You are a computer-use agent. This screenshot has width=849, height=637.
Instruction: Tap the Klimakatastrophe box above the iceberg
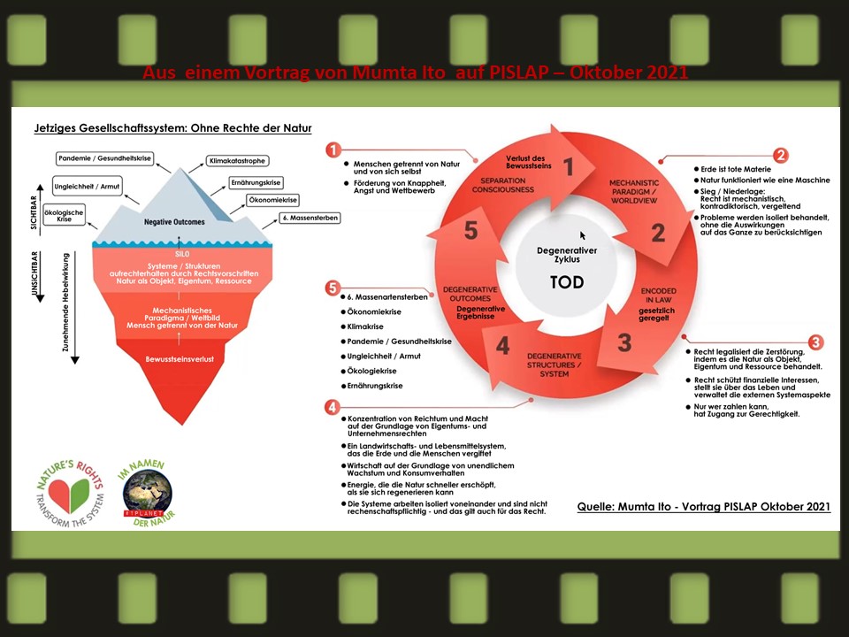coord(236,161)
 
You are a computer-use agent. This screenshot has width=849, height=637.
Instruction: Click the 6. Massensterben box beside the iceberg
coord(310,218)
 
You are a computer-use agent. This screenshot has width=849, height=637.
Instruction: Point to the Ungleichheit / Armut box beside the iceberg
coord(87,187)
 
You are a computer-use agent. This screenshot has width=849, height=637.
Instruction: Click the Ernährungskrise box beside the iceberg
coord(256,181)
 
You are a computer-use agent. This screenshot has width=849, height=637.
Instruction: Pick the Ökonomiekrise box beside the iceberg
coord(272,200)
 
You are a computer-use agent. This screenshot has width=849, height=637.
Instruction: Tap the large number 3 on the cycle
coord(624,342)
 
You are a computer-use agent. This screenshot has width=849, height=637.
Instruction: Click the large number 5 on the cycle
coord(471,232)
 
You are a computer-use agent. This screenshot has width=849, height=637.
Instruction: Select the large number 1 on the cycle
coord(570,167)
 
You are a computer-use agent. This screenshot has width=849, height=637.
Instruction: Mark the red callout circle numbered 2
coord(781,156)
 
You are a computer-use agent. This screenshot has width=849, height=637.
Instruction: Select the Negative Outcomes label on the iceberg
coord(175,221)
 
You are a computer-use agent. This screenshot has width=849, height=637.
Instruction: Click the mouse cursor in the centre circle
coord(583,235)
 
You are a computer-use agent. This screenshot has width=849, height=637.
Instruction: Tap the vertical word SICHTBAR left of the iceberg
coord(34,209)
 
